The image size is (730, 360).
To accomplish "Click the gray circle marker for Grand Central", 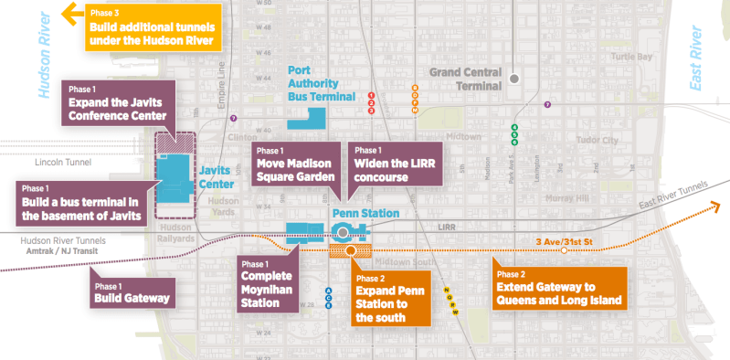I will click(x=514, y=79).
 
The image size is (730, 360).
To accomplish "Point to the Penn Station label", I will click(x=365, y=214).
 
